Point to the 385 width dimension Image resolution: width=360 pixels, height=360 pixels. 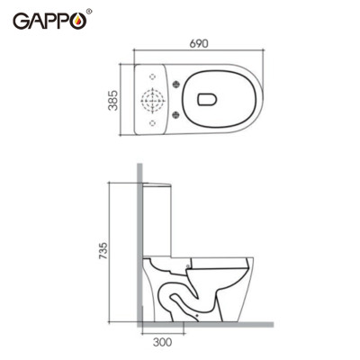click(x=113, y=99)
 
